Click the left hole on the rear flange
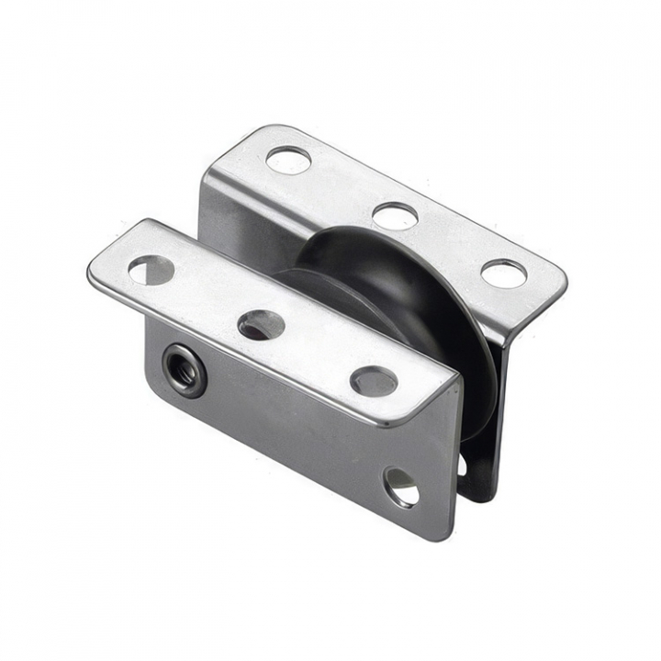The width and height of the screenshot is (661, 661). [288, 161]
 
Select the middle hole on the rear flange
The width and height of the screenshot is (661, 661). [396, 216]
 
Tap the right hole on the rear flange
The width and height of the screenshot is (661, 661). [504, 273]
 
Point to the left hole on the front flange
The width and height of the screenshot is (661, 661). [151, 269]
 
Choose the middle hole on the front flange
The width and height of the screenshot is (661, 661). [262, 324]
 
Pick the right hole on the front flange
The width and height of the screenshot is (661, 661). [374, 380]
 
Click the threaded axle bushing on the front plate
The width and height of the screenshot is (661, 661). [184, 369]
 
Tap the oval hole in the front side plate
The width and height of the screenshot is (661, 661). [401, 487]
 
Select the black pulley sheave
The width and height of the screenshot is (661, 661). [404, 303]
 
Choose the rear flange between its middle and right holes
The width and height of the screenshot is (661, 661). [450, 244]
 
